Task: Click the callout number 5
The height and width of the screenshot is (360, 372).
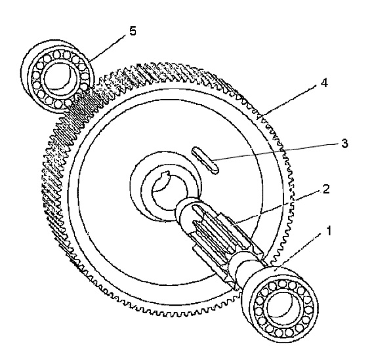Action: [133, 31]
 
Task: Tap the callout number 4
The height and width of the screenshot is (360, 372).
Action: [323, 83]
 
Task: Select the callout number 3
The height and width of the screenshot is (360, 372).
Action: [344, 143]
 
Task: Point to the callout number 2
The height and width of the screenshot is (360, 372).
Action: [326, 189]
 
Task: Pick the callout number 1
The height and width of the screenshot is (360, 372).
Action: [329, 230]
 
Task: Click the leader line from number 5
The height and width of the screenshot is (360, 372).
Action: [108, 48]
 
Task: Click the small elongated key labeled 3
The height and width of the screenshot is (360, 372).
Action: [205, 161]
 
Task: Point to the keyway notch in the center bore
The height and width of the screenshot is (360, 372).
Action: [165, 175]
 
